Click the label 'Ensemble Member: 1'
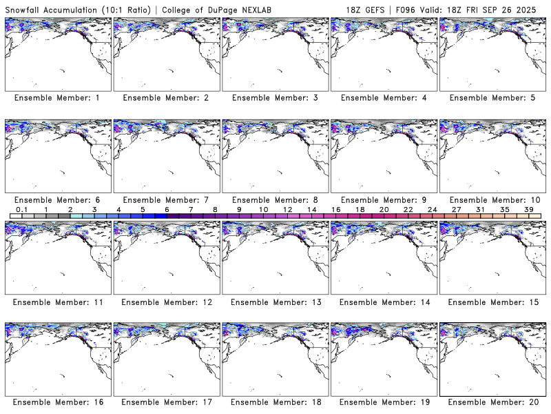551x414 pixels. click(x=57, y=98)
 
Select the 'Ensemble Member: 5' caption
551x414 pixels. click(x=492, y=98)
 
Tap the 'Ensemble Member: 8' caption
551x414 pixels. click(x=274, y=200)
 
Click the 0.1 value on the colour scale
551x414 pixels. click(x=21, y=209)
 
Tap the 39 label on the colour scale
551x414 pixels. click(x=528, y=209)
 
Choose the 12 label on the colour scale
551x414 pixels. click(x=287, y=209)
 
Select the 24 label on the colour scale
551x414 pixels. click(x=432, y=209)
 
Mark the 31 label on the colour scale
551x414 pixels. click(x=480, y=209)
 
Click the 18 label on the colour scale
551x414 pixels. click(x=360, y=209)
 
